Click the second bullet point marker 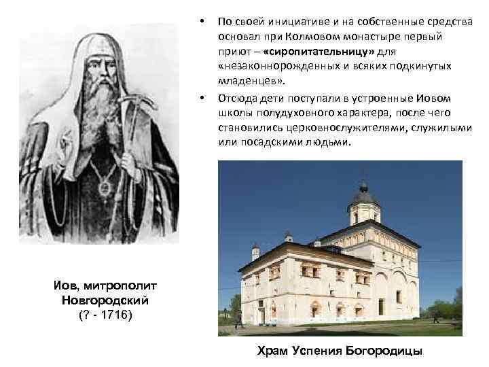(x=203, y=99)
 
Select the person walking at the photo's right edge (x=435, y=316)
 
